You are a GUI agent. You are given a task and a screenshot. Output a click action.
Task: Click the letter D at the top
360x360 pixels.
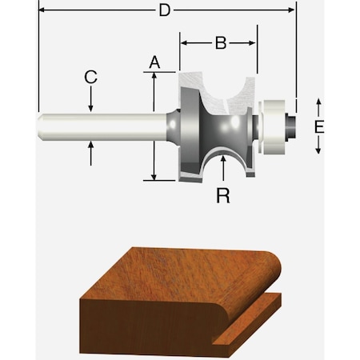pyautogui.click(x=164, y=11)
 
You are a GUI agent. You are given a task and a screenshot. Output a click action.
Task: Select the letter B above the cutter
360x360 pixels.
pyautogui.click(x=220, y=43)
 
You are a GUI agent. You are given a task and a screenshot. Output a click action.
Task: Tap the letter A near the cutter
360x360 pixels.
pyautogui.click(x=155, y=61)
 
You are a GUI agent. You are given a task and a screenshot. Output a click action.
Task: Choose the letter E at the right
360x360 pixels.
pyautogui.click(x=318, y=127)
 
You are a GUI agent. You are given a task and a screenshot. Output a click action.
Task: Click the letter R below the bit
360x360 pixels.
pyautogui.click(x=223, y=194)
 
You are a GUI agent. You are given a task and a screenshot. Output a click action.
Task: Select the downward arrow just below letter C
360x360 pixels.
pyautogui.click(x=91, y=107)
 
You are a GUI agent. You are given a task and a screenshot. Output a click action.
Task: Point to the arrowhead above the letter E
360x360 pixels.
pyautogui.click(x=318, y=102)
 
